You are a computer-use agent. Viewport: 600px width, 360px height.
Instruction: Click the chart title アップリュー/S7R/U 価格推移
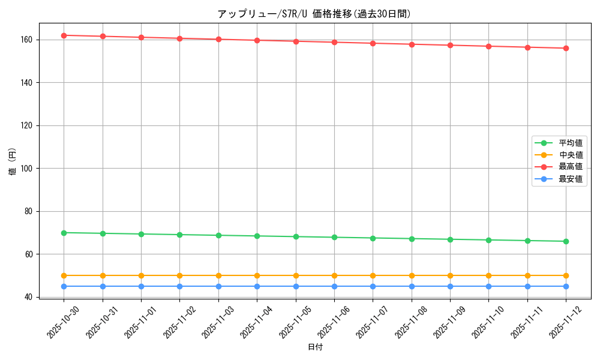(x=314, y=14)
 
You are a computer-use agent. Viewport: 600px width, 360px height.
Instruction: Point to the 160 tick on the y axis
(x=28, y=40)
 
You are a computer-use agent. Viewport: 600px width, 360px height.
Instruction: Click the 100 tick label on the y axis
(x=28, y=169)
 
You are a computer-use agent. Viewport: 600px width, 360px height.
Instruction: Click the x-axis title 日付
(x=315, y=347)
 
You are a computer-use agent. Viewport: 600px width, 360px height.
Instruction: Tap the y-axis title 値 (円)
(x=13, y=161)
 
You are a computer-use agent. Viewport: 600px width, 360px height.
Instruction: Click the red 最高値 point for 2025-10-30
(x=64, y=35)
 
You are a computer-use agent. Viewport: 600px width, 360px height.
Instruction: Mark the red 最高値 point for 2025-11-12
(x=566, y=48)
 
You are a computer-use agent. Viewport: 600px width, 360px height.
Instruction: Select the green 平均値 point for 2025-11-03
(x=218, y=235)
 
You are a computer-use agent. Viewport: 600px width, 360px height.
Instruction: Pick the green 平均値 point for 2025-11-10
(x=488, y=240)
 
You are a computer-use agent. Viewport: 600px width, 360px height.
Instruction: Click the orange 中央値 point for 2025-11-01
(x=141, y=275)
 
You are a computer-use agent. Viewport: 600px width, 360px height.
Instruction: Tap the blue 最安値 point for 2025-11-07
(x=373, y=286)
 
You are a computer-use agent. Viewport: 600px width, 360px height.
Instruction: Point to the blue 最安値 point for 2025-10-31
(x=103, y=286)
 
